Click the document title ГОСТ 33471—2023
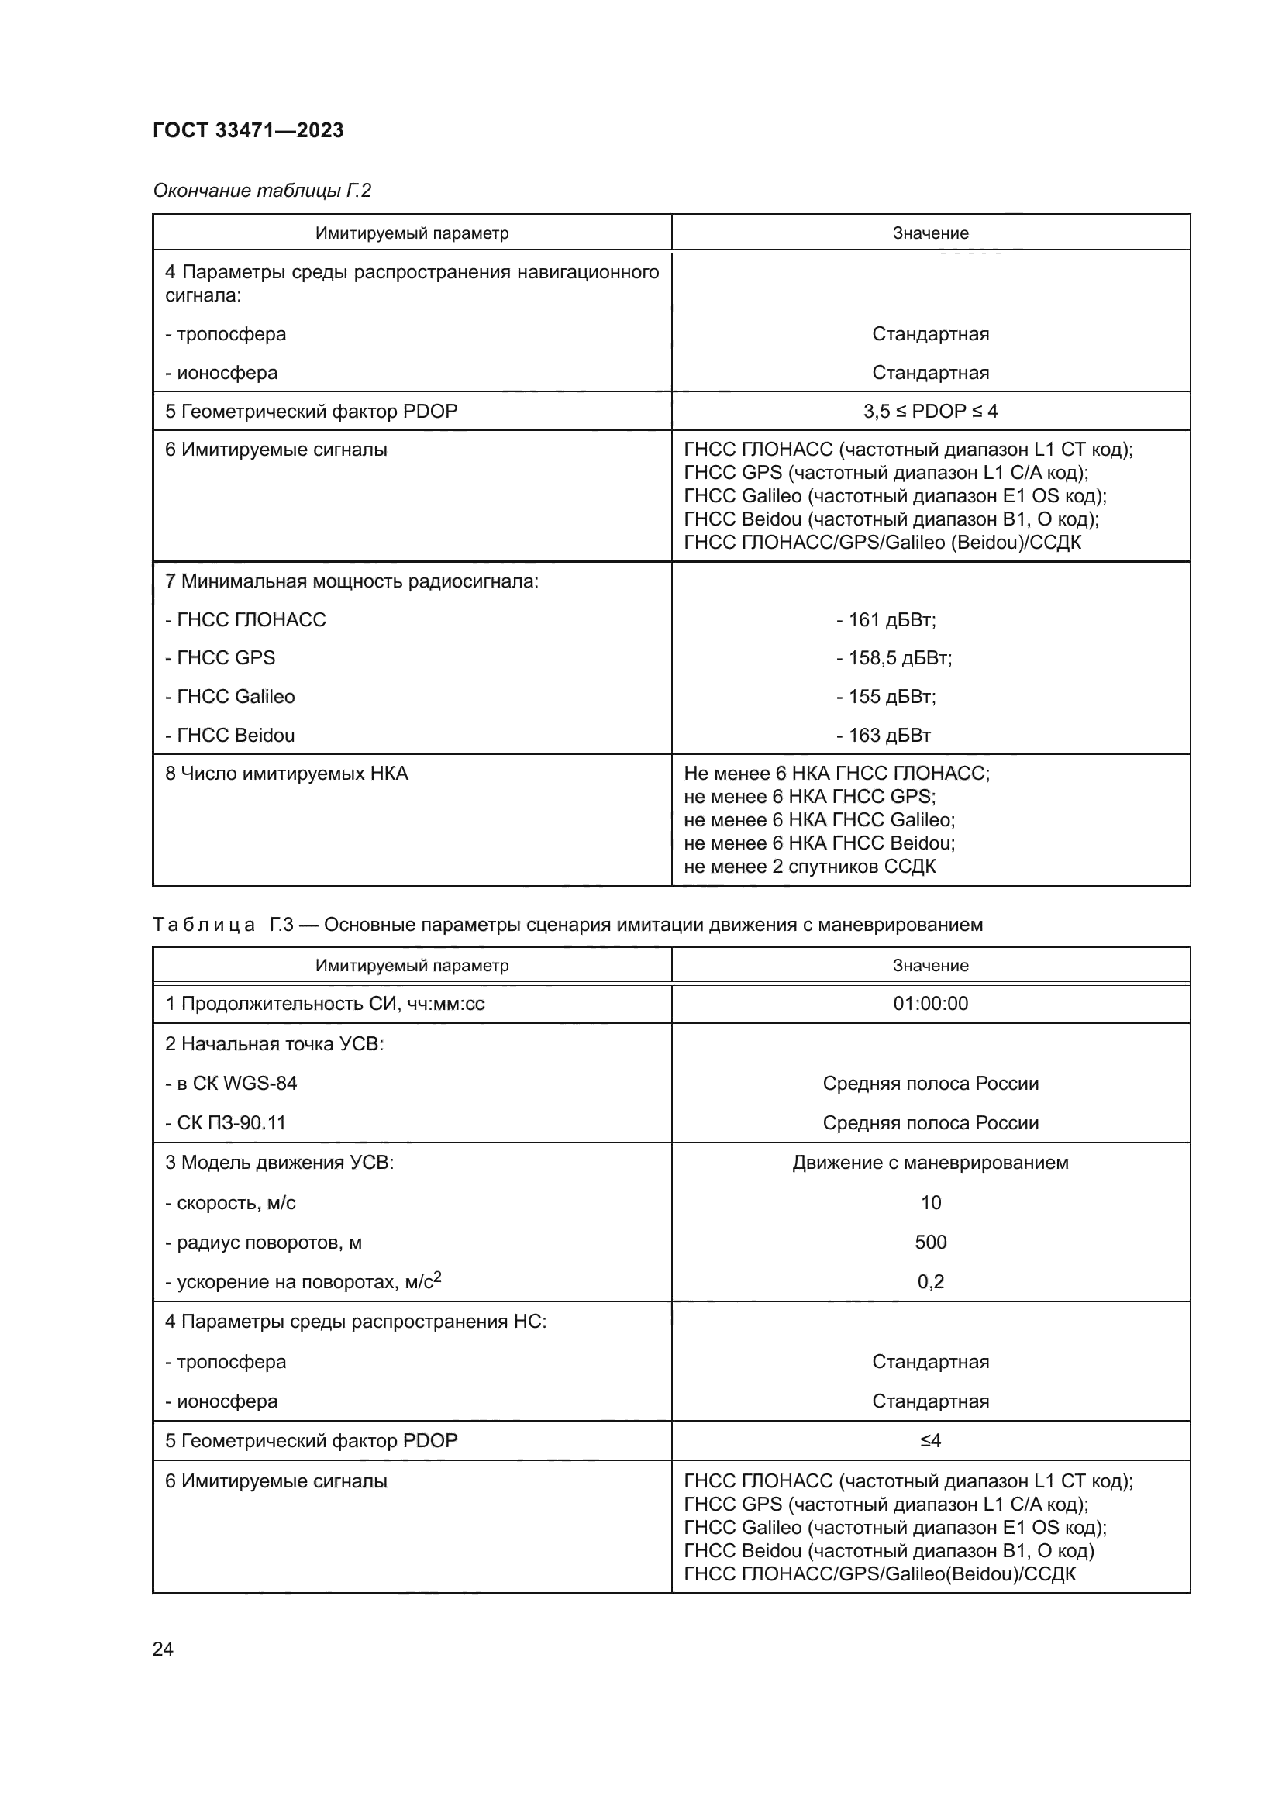coord(248,130)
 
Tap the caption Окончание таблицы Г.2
coord(261,191)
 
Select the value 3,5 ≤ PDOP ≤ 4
coord(930,412)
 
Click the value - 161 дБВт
coord(886,620)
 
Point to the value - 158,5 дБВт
coord(894,658)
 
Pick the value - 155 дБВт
coord(886,697)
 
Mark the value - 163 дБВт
coord(884,735)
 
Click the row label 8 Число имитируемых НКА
coord(287,773)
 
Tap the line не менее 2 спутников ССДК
coord(809,867)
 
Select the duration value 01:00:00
coord(930,1004)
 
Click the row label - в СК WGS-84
coord(230,1084)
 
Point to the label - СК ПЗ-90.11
coord(225,1123)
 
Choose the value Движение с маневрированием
coord(930,1163)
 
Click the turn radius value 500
coord(930,1242)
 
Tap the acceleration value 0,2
coord(930,1281)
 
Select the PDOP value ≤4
coord(930,1440)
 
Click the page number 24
coord(163,1649)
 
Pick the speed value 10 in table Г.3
coord(930,1203)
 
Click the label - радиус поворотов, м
coord(263,1242)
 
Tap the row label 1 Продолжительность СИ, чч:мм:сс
coord(325,1004)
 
